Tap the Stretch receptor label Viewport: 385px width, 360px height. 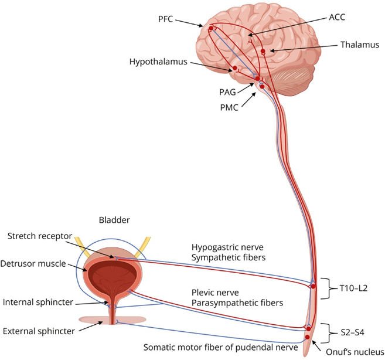pyautogui.click(x=40, y=236)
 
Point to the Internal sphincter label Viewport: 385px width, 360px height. pyautogui.click(x=39, y=303)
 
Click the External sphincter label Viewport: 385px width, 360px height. pyautogui.click(x=39, y=331)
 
